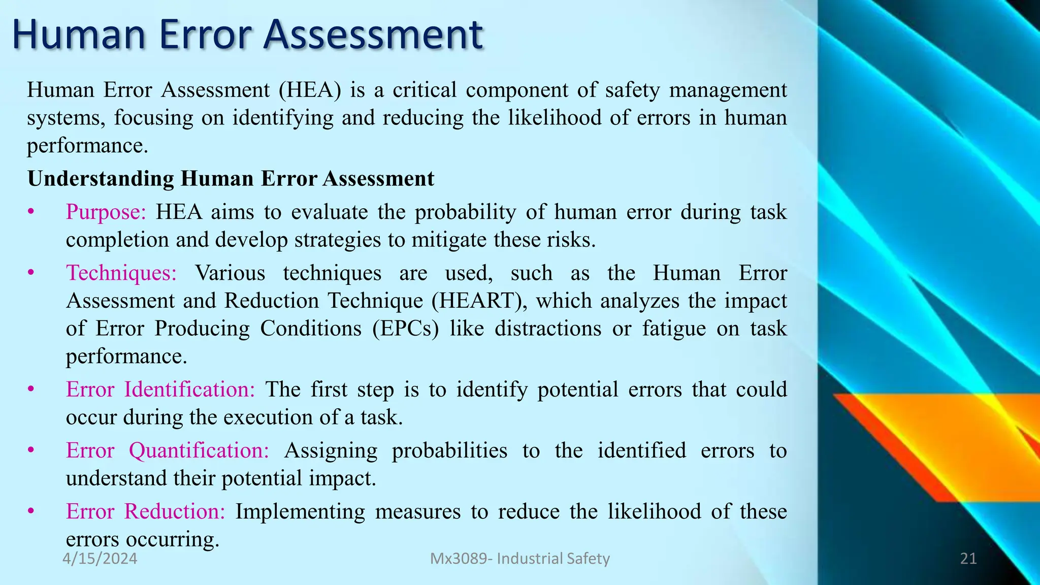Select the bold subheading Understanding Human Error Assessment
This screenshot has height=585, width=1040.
(231, 179)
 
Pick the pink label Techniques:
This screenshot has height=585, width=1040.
(121, 273)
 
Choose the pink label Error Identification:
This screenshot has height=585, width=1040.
(160, 389)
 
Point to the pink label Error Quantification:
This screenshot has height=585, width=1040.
(168, 450)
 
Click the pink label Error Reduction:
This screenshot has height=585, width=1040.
(146, 511)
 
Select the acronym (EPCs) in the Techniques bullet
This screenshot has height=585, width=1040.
(405, 329)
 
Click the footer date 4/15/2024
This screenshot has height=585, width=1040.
(100, 559)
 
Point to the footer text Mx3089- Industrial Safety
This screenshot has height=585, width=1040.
(520, 559)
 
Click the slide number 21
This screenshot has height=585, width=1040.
(968, 559)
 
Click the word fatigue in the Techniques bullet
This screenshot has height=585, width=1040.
(674, 329)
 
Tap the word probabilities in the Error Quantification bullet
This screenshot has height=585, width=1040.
(449, 450)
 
